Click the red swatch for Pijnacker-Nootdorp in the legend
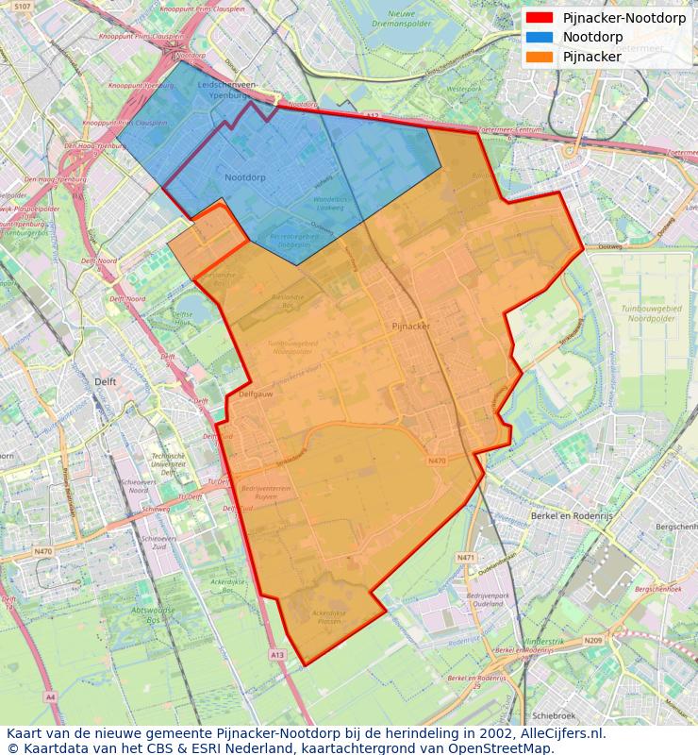coord(540,18)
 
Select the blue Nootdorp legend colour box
coord(540,37)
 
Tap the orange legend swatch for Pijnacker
coord(540,57)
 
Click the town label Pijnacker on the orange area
coord(410,326)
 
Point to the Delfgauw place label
coord(256,394)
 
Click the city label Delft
coord(106,381)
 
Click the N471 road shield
coord(466,558)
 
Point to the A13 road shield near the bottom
coord(276,654)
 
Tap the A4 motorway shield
coord(50,696)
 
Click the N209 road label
coord(592,641)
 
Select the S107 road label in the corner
coord(23,7)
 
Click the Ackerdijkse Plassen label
coord(329,617)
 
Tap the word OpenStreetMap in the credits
coord(507,748)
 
